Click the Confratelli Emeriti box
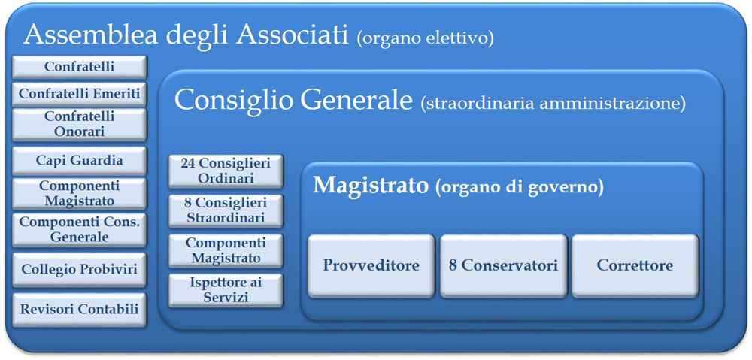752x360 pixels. pyautogui.click(x=79, y=94)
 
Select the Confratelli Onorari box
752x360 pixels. pyautogui.click(x=79, y=124)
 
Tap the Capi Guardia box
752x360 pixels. pyautogui.click(x=79, y=161)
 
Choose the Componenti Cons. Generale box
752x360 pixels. pyautogui.click(x=79, y=230)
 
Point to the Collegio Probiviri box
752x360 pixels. pyautogui.click(x=79, y=269)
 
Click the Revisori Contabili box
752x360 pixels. pyautogui.click(x=79, y=310)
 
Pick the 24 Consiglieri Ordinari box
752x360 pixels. pyautogui.click(x=226, y=171)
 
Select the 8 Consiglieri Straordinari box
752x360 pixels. pyautogui.click(x=226, y=210)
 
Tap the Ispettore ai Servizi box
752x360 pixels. pyautogui.click(x=226, y=290)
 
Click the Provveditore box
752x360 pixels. pyautogui.click(x=371, y=265)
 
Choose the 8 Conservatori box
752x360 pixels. pyautogui.click(x=504, y=265)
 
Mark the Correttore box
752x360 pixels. pyautogui.click(x=635, y=265)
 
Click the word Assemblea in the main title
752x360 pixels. pyautogui.click(x=89, y=35)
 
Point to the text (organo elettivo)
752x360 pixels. pyautogui.click(x=425, y=38)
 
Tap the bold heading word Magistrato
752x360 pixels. pyautogui.click(x=371, y=185)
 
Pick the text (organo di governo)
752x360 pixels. pyautogui.click(x=520, y=187)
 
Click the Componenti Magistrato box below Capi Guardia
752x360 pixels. pyautogui.click(x=79, y=194)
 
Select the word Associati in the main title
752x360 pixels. pyautogui.click(x=292, y=35)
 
